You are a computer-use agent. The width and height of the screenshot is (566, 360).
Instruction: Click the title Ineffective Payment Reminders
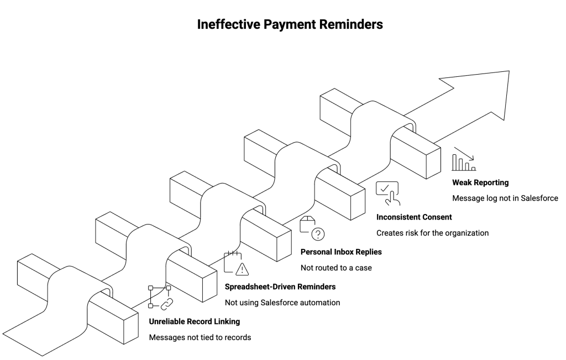(282, 25)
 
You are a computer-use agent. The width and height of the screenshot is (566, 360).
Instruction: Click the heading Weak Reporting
(480, 182)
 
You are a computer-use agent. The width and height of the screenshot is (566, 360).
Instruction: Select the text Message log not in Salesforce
(505, 198)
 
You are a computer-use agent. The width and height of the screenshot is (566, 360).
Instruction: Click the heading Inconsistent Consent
(414, 217)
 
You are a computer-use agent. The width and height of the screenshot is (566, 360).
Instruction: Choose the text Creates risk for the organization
(432, 233)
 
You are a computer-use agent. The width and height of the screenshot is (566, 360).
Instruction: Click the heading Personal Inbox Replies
(340, 252)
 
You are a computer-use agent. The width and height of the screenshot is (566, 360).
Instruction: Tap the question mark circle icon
(318, 234)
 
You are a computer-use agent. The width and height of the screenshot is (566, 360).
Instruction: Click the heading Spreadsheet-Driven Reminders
(280, 286)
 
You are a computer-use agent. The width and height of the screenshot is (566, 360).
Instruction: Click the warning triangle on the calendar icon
(242, 269)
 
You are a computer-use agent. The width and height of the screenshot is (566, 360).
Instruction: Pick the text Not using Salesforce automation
(282, 302)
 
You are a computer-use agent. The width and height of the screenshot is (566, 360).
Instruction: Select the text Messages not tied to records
(200, 337)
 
